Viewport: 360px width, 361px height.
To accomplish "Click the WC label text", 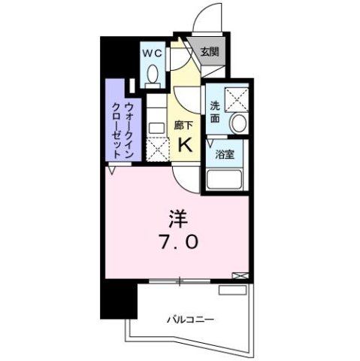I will [153, 53].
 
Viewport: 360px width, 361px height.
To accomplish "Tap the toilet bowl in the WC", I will [153, 74].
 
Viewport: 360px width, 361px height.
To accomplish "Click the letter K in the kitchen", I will [185, 145].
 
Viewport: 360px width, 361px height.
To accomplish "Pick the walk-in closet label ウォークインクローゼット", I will [123, 127].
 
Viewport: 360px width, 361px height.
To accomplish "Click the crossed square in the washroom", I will [237, 96].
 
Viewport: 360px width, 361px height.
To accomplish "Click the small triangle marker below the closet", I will [113, 171].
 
